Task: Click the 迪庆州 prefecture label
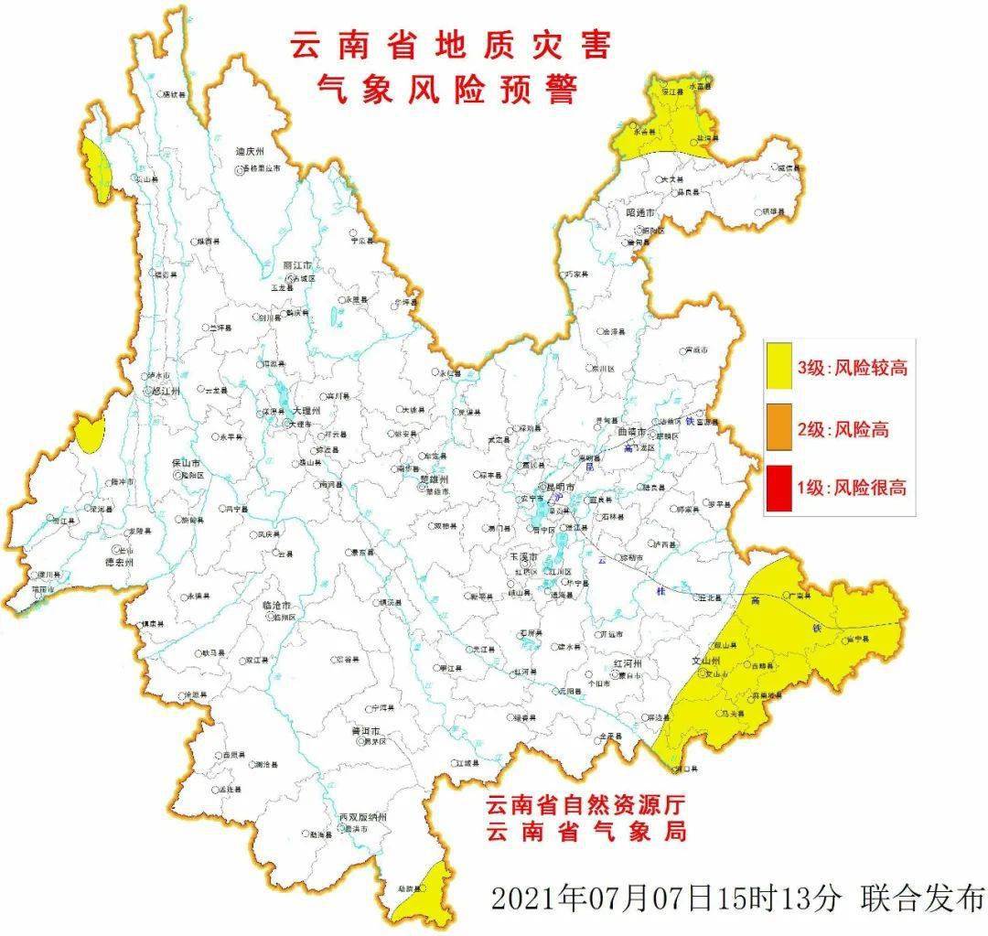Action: [x=249, y=152]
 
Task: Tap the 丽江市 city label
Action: [x=298, y=264]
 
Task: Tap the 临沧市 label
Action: [x=275, y=607]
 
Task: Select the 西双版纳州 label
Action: [x=363, y=815]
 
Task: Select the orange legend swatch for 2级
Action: [x=779, y=429]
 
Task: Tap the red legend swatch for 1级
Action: [x=779, y=487]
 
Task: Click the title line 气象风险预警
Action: [x=448, y=90]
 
